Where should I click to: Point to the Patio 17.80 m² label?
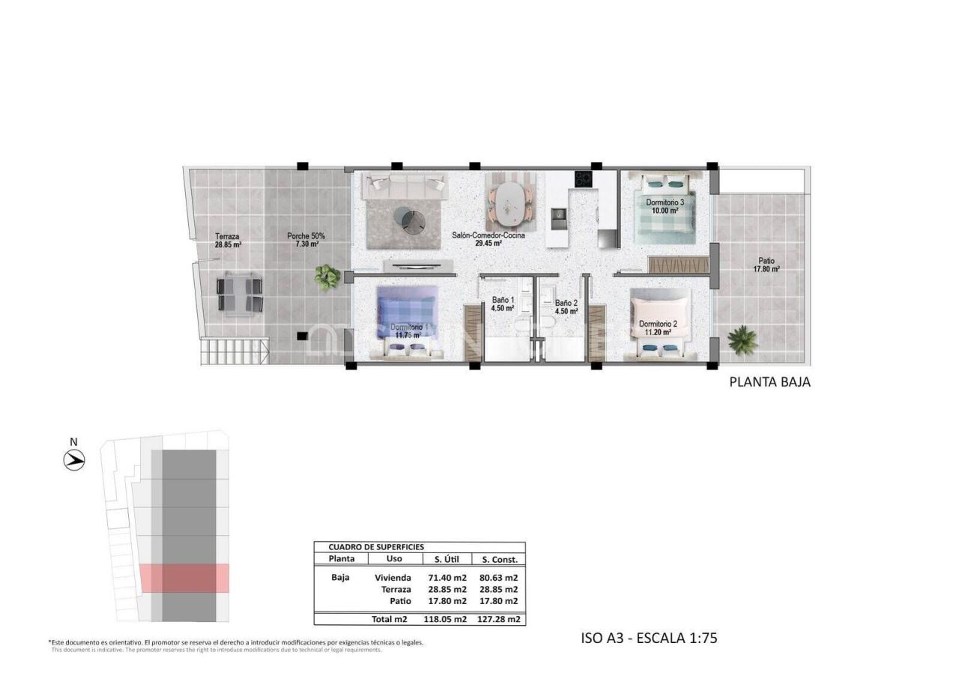766,265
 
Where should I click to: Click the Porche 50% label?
305,240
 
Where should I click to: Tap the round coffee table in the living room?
411,219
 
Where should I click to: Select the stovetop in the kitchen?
583,179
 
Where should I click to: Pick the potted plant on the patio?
742,339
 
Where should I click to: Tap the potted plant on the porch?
327,277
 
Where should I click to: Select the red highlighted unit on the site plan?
184,578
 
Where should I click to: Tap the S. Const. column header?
500,559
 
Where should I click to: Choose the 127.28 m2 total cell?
500,620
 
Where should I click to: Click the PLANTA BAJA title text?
769,381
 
